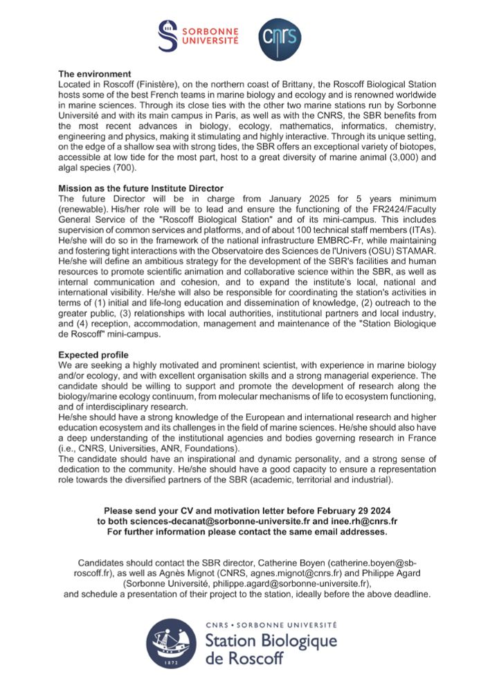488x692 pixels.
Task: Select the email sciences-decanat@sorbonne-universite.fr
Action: [220, 520]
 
